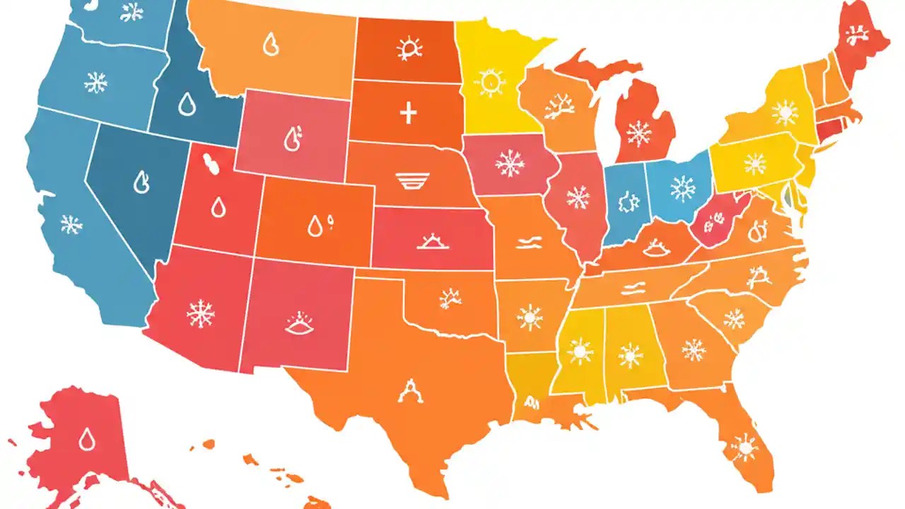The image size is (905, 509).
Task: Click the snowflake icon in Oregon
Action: [x=95, y=83]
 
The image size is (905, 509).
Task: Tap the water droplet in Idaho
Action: [x=186, y=105]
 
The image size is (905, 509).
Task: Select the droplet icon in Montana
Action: [x=270, y=45]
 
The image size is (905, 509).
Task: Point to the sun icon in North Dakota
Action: [x=409, y=48]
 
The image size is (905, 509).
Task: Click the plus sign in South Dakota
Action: [x=408, y=112]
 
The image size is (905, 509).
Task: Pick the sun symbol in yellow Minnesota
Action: [x=489, y=82]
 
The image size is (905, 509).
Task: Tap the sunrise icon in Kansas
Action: [x=430, y=242]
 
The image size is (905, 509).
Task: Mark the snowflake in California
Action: [x=71, y=225]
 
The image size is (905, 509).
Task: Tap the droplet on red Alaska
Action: [x=87, y=439]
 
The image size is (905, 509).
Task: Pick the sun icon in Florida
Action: [x=744, y=447]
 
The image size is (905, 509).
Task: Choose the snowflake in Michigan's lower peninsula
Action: [x=639, y=133]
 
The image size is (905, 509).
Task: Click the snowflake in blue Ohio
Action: [x=683, y=189]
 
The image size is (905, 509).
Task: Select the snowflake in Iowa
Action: [x=510, y=164]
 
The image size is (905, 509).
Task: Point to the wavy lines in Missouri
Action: [x=530, y=244]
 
